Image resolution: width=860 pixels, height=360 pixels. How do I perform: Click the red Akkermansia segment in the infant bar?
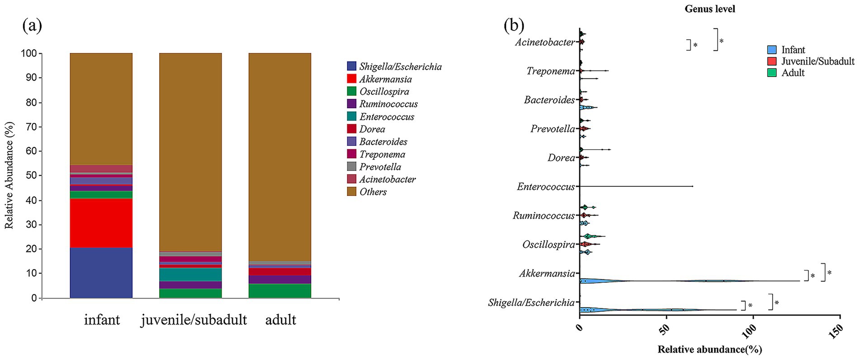(x=101, y=223)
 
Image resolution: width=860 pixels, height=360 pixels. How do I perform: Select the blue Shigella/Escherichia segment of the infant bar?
(x=101, y=272)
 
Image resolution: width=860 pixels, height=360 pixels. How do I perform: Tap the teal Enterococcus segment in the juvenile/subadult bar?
(x=190, y=275)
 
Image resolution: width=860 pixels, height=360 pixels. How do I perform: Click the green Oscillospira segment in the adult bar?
(x=279, y=290)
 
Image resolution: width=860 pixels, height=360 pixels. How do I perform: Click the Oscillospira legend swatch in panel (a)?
(x=352, y=92)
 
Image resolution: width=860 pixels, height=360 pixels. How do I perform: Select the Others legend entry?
(x=373, y=192)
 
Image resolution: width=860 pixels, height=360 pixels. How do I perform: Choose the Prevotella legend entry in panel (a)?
(x=380, y=167)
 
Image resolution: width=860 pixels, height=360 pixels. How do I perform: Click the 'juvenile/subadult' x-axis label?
(x=194, y=320)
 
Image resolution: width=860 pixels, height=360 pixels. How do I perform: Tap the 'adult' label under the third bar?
(x=280, y=320)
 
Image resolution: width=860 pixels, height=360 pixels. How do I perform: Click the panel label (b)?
(x=515, y=26)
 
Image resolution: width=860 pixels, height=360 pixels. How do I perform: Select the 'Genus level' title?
(x=709, y=9)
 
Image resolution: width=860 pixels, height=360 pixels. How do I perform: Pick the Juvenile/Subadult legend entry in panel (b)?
(x=817, y=61)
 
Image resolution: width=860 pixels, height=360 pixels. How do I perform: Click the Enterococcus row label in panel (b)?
(x=546, y=186)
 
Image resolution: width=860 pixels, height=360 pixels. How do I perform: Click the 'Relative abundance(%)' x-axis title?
(x=709, y=350)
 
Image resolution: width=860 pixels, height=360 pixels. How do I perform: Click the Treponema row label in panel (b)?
(x=550, y=71)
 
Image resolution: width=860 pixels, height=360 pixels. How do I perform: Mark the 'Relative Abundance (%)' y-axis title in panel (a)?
(x=9, y=175)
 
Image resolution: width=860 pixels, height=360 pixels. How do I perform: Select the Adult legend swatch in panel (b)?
(x=772, y=72)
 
